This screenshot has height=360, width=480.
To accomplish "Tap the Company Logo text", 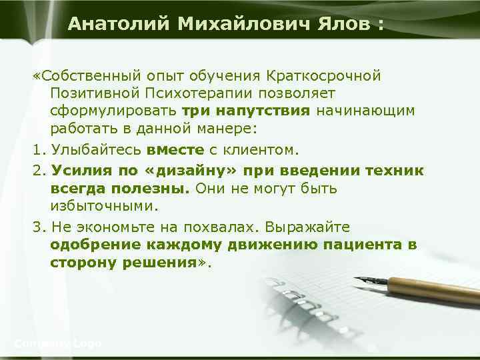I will [58, 343].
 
